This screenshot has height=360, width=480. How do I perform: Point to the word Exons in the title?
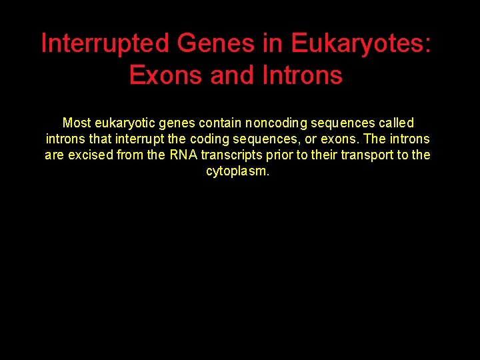point(166,75)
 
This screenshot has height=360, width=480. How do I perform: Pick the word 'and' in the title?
point(231,75)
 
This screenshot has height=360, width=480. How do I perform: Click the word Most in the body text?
point(77,123)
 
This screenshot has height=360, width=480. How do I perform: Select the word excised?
point(90,155)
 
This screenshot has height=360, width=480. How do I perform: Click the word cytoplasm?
point(238,171)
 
